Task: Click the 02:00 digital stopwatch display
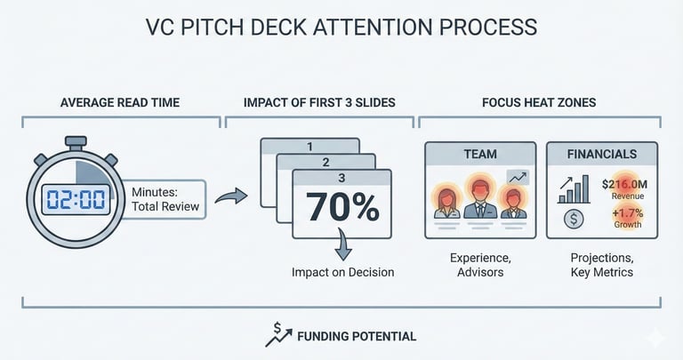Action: click(76, 198)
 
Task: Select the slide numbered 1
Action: click(309, 145)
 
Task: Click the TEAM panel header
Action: click(480, 154)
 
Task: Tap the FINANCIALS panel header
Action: click(601, 154)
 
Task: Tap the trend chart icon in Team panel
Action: click(517, 178)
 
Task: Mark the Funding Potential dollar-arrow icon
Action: click(277, 334)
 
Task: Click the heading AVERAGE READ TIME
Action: click(119, 103)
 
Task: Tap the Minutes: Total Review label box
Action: click(166, 199)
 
